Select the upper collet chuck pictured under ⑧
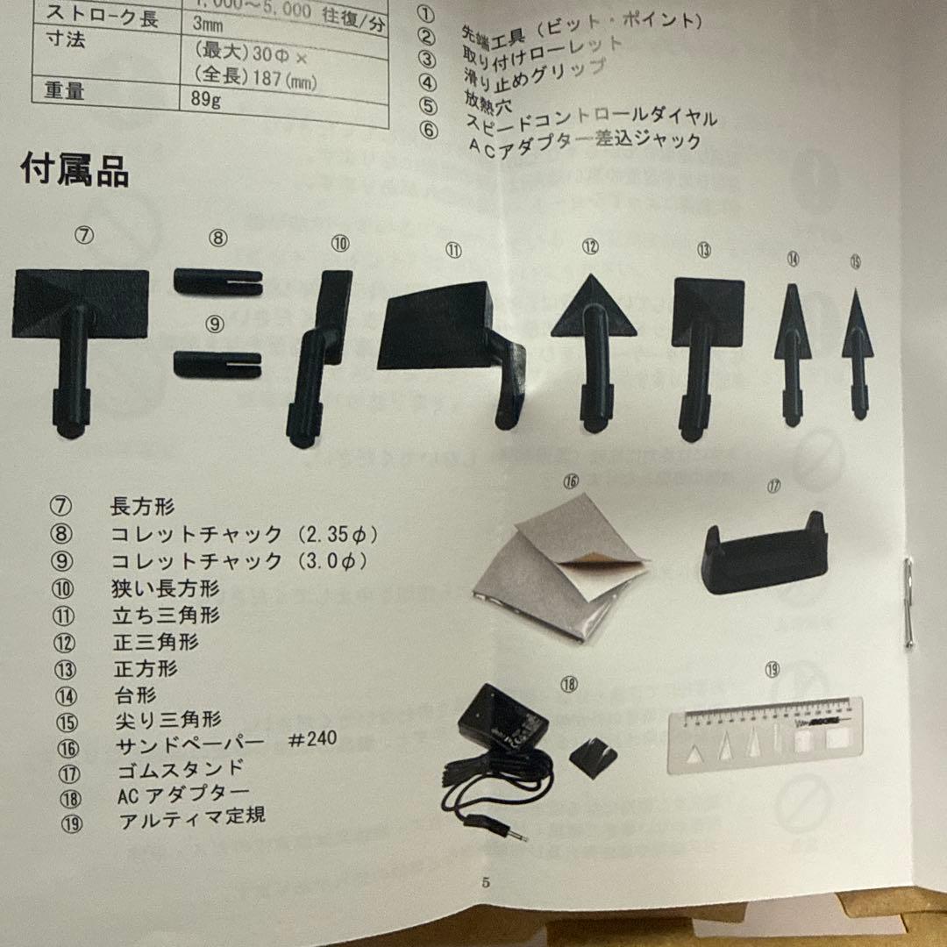[x=217, y=281]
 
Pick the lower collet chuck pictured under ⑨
[x=217, y=364]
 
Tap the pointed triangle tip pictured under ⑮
[x=858, y=342]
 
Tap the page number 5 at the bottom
[x=486, y=881]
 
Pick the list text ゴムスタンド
[x=180, y=771]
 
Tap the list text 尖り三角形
[x=167, y=720]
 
